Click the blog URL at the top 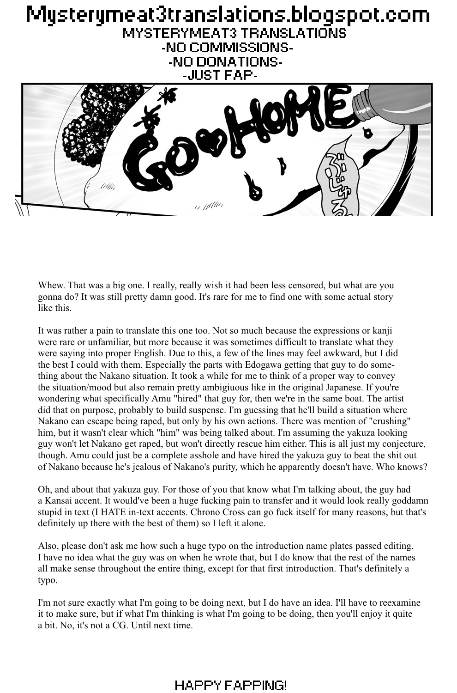228,15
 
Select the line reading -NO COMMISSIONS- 228,47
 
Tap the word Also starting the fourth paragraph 48,546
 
